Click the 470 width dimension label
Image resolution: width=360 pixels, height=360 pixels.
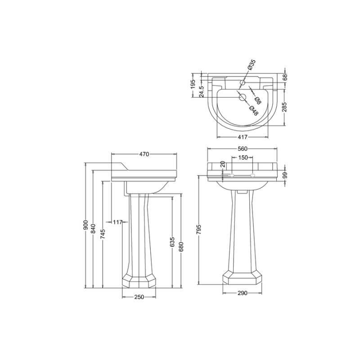click(144, 154)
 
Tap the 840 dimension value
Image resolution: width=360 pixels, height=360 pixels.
click(94, 229)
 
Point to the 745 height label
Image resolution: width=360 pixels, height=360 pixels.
click(103, 234)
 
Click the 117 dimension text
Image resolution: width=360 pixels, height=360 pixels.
click(118, 222)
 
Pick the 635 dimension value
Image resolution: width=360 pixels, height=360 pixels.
click(173, 242)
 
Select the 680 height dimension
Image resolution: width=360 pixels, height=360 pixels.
click(181, 247)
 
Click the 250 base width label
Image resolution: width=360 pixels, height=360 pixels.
click(139, 297)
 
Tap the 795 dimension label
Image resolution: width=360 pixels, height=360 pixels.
click(199, 229)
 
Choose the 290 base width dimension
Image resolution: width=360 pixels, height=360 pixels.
click(243, 293)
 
